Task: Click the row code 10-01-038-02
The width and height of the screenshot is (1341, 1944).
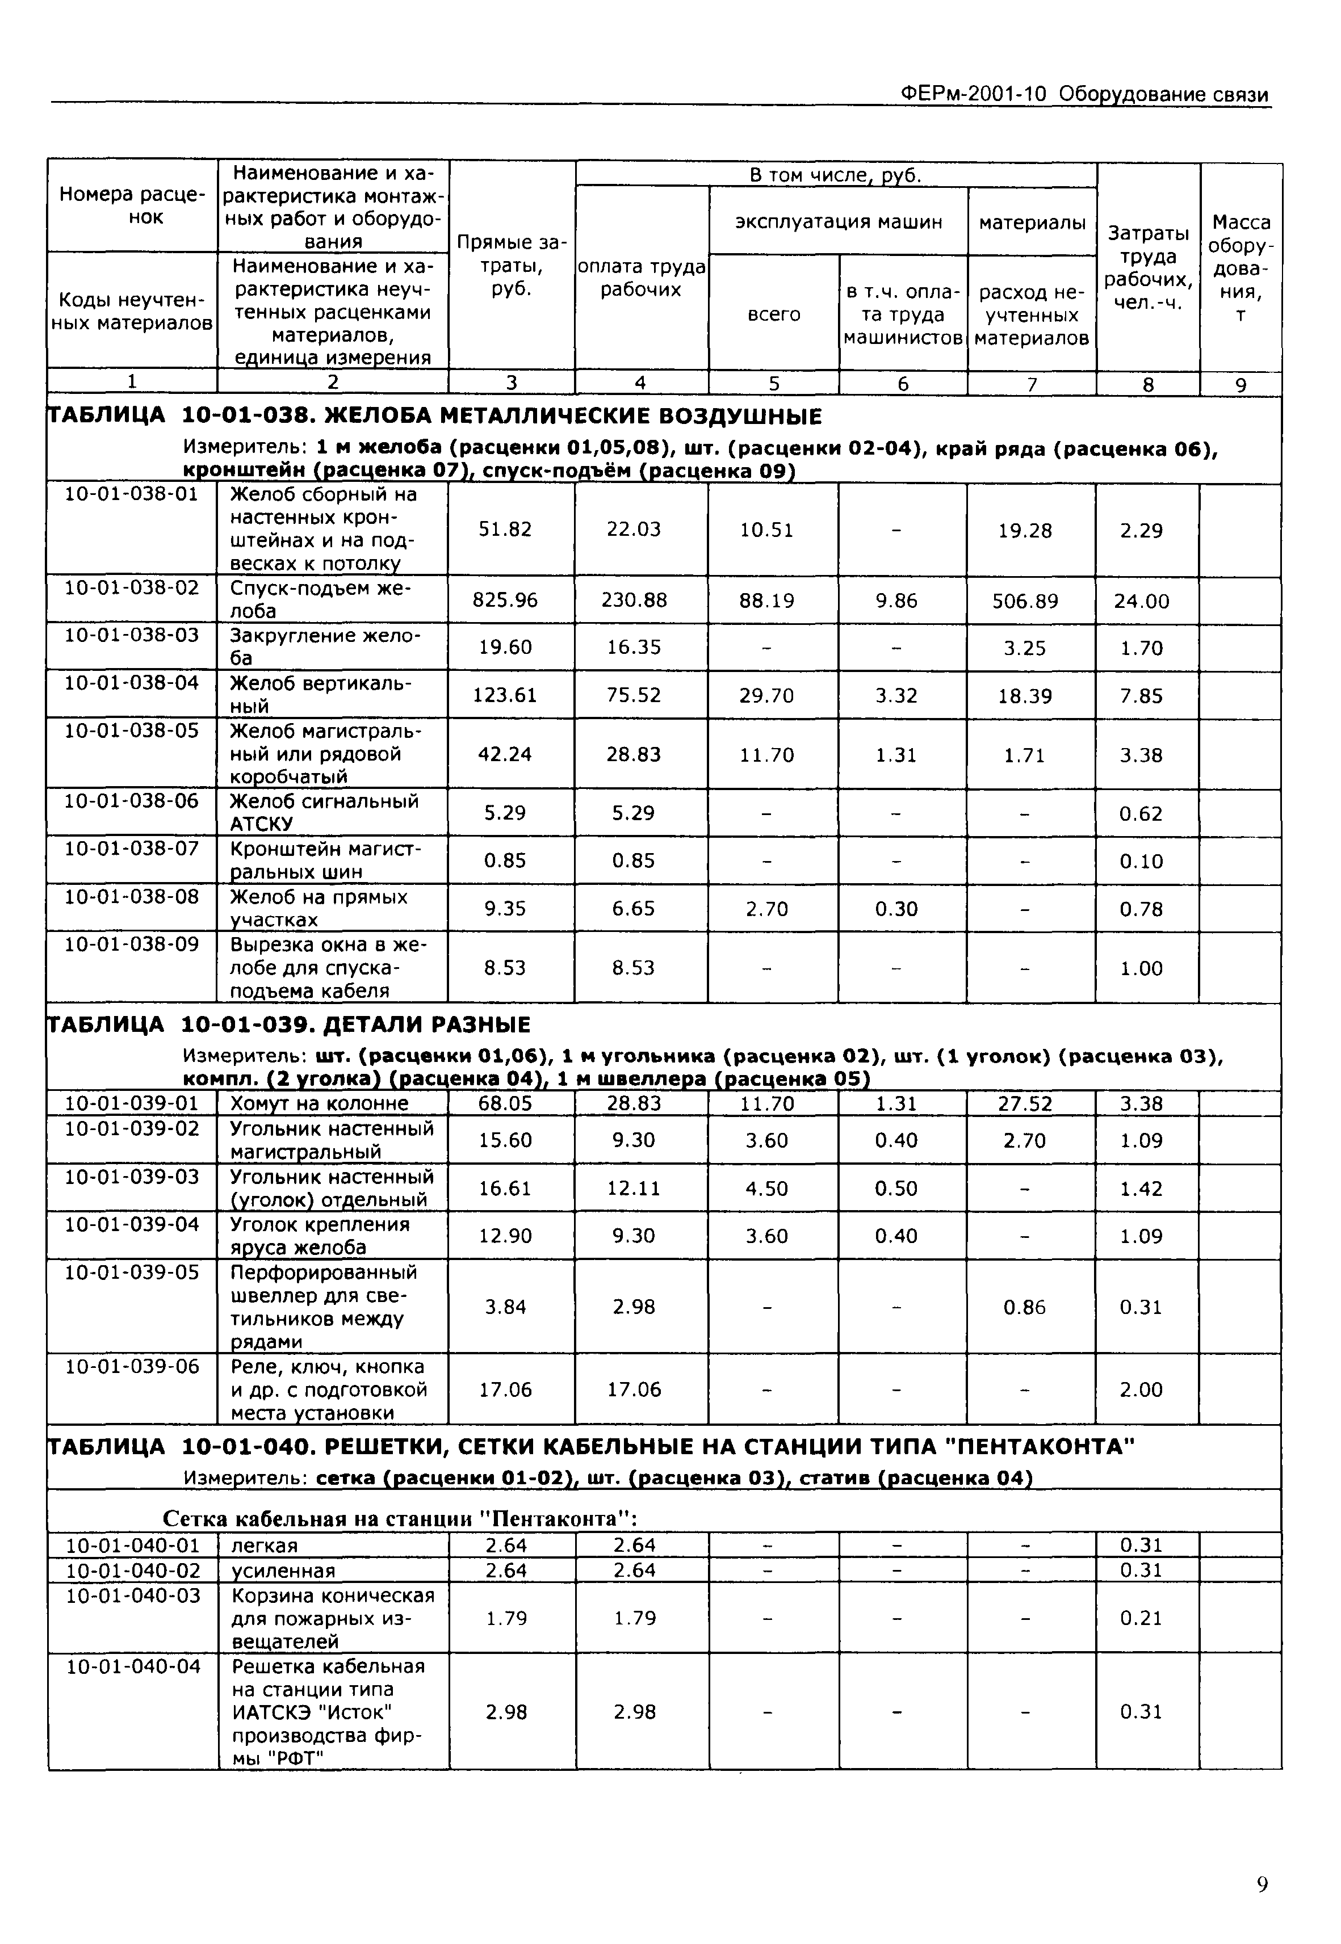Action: [x=132, y=587]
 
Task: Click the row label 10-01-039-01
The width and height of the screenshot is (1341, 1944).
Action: [x=132, y=1103]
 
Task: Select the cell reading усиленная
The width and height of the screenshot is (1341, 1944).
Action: [x=283, y=1570]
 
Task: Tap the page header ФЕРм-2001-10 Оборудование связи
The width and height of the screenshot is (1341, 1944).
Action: [x=1083, y=94]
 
